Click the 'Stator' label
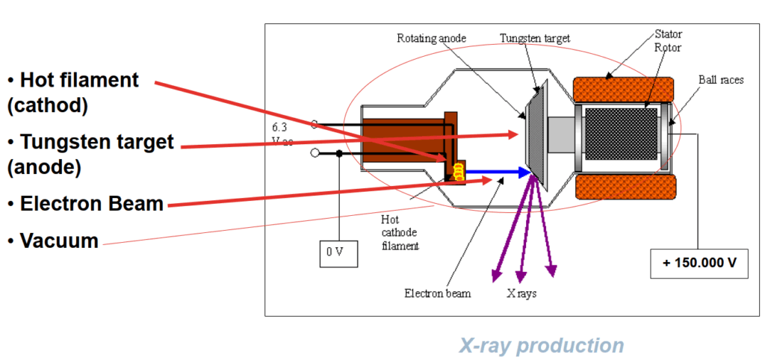pyautogui.click(x=668, y=34)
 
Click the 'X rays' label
pyautogui.click(x=521, y=294)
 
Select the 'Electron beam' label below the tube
pyautogui.click(x=438, y=294)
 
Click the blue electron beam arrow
pyautogui.click(x=499, y=172)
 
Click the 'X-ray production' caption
pyautogui.click(x=541, y=345)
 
